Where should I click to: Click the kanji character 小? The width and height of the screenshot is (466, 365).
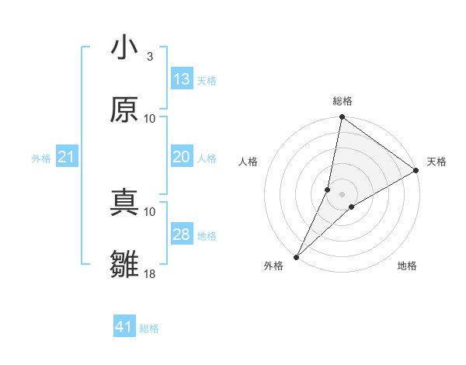point(124,47)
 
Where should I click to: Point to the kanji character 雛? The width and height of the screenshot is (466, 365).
point(124,264)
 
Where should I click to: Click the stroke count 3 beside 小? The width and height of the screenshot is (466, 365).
point(150,57)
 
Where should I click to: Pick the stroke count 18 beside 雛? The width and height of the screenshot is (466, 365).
point(150,274)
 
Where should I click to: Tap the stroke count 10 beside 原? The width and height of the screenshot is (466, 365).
point(150,118)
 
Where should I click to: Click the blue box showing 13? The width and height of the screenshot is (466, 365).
point(182,79)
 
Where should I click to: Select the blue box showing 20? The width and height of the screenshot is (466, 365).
point(182,157)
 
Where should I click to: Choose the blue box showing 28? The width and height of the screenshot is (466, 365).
point(182,235)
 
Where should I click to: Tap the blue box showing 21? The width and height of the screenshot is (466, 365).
point(67,157)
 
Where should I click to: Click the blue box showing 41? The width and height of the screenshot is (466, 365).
point(124,327)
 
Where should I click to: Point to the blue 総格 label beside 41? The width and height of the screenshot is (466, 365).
point(149,328)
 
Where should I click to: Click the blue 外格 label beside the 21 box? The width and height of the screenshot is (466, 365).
point(41,158)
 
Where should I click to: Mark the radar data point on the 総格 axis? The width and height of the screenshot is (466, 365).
point(342,118)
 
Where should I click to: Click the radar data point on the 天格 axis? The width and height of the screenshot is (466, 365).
point(416,171)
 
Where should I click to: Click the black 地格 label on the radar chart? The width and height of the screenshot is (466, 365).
point(407,266)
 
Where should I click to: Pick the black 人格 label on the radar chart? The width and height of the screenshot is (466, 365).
point(249,162)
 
